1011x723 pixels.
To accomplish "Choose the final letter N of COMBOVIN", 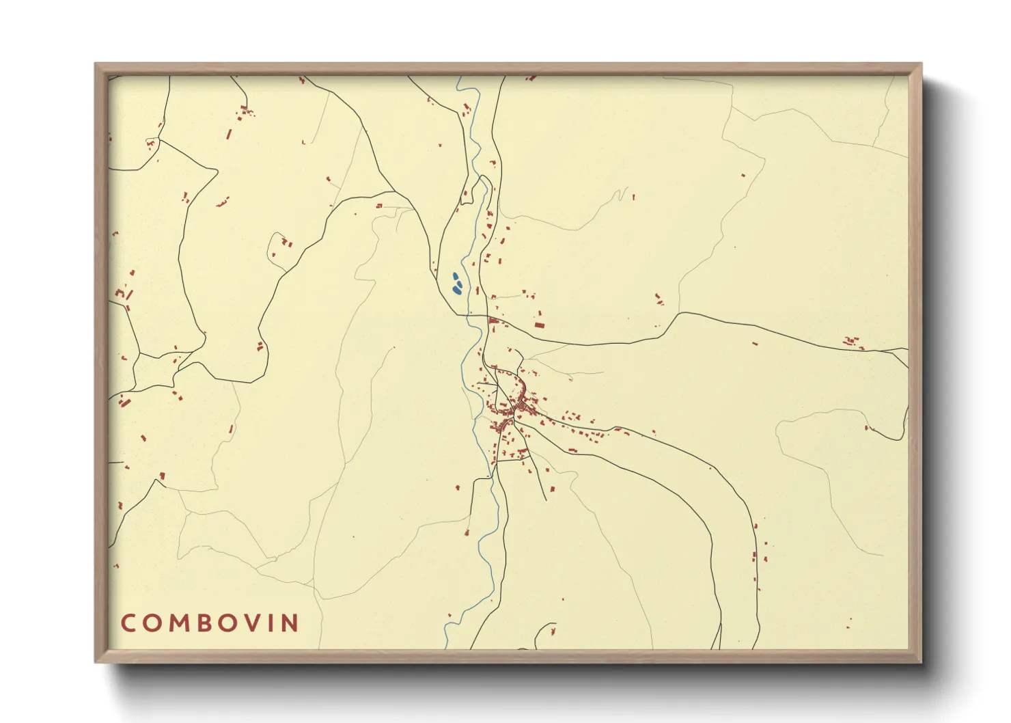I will coord(292,623).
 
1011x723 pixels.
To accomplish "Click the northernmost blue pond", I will coord(455,277).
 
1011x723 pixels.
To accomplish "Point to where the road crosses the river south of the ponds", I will coord(468,316).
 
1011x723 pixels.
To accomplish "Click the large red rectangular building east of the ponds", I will coord(539,325).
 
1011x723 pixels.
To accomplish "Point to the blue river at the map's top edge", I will coord(459,78).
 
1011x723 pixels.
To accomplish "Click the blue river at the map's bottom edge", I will coord(446,644).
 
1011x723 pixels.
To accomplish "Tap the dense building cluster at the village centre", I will coord(512,410).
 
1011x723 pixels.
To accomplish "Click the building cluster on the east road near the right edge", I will coord(851,341).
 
